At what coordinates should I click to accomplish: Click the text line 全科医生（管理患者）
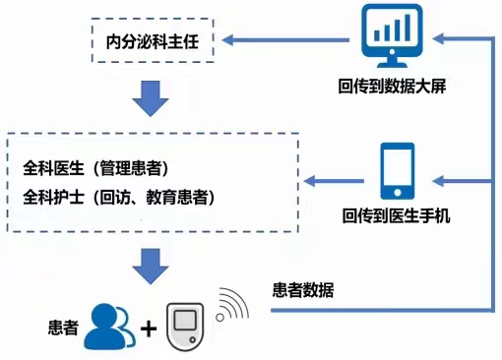94,167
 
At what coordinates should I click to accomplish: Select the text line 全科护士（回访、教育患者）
118,197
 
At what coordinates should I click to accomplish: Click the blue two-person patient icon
107,328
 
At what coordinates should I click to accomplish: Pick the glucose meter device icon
187,324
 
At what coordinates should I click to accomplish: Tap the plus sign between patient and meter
149,329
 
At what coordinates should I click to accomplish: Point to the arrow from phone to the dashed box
335,180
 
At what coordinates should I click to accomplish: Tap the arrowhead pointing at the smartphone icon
441,180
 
